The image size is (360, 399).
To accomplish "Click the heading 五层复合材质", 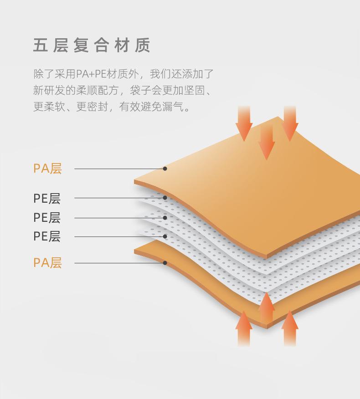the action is click(x=92, y=46).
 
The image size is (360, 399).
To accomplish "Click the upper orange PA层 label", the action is click(x=47, y=169).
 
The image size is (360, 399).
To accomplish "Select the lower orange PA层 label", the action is click(x=47, y=263).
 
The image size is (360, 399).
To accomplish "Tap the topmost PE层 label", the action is click(x=47, y=198).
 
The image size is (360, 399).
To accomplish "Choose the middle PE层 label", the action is click(x=47, y=218).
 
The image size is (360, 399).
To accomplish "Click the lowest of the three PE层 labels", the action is click(x=47, y=236).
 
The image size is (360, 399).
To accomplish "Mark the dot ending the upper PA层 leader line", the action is click(x=165, y=169).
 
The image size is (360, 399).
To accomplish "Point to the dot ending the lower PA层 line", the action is click(x=165, y=263).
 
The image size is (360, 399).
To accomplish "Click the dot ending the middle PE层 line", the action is click(x=165, y=218).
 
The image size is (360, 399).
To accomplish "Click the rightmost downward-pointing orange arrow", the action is click(x=290, y=124).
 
